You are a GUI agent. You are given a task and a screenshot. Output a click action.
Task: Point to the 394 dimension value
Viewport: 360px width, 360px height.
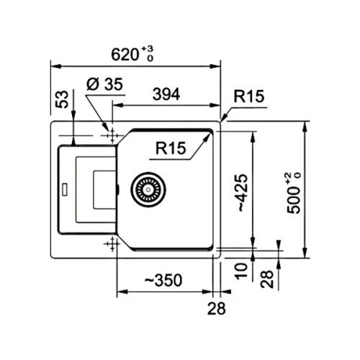(x=165, y=94)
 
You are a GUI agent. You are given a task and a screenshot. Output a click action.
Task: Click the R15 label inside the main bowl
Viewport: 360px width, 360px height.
(x=171, y=148)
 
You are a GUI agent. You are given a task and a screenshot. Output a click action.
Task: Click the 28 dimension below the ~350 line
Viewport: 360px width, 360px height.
(x=215, y=310)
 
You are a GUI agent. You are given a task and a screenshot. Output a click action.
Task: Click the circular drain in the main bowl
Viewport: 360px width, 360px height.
(x=148, y=189)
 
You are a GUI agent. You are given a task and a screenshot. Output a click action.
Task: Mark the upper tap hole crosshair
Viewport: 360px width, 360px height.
(x=111, y=135)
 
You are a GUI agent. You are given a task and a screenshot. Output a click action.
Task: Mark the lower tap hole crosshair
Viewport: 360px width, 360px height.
(x=111, y=245)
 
